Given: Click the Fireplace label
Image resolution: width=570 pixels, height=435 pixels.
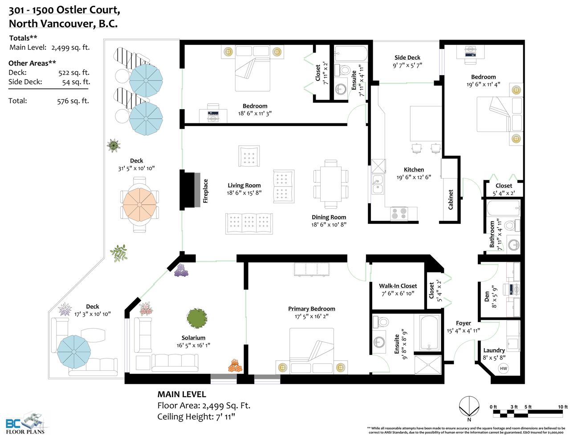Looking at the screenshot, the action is (205, 191).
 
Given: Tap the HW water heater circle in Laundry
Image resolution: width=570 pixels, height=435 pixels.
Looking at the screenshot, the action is (503, 368).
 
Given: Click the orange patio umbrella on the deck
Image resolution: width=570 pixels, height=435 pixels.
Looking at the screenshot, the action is (140, 205).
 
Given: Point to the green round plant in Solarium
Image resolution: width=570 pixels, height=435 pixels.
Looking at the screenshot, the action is (197, 318).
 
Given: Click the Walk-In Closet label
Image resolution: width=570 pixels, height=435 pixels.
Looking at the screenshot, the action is (398, 286).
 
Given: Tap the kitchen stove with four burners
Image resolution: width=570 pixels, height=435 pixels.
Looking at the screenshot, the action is (399, 213).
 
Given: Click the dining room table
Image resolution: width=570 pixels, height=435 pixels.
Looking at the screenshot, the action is (330, 184).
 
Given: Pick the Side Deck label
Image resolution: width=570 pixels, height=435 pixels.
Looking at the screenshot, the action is (407, 57).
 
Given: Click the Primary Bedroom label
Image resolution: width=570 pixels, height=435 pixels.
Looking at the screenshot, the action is (312, 309).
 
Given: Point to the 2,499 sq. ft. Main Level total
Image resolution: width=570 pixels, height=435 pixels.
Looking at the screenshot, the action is (70, 48).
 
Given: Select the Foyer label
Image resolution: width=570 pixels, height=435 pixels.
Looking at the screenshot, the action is (463, 323).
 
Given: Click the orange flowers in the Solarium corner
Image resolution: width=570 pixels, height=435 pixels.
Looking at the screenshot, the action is (235, 366).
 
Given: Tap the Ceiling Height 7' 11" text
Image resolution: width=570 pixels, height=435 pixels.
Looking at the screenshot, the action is (196, 417).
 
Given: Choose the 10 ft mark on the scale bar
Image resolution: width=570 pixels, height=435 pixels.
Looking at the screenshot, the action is (563, 407).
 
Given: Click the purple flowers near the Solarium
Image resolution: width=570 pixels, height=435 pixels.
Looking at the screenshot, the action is (181, 270).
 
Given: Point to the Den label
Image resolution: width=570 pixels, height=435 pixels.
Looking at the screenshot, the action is (487, 297).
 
